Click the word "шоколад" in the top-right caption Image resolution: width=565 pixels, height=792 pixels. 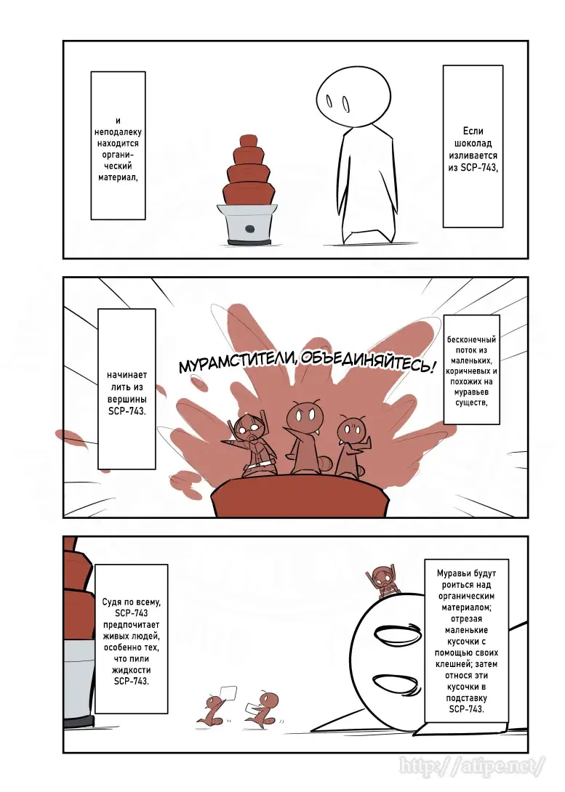pos(473,143)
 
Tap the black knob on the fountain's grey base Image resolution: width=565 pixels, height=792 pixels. pos(249,228)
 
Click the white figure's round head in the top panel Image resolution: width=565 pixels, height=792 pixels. pos(354,97)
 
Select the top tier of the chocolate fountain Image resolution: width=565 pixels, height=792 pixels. pos(248,140)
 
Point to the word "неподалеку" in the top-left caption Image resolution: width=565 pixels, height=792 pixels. pos(119,132)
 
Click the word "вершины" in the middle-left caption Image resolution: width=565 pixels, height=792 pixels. pos(127,399)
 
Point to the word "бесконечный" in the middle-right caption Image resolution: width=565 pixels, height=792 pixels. pos(471,340)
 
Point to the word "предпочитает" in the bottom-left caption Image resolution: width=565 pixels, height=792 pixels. pos(132,625)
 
